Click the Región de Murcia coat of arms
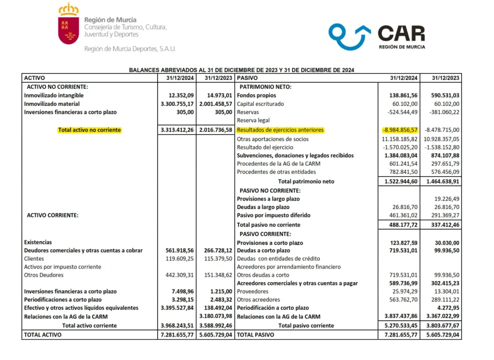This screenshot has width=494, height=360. click(68, 25)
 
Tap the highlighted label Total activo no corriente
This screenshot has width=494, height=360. click(89, 130)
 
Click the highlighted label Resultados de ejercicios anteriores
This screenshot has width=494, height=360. click(280, 130)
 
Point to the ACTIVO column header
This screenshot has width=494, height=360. click(35, 78)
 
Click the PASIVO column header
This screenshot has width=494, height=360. click(248, 78)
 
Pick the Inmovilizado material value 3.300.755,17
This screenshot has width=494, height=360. click(177, 103)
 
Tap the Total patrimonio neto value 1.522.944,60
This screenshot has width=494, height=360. click(399, 181)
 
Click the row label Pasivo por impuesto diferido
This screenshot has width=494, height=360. click(273, 215)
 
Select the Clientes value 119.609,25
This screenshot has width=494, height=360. click(178, 258)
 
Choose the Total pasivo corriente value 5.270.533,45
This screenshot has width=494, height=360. click(399, 325)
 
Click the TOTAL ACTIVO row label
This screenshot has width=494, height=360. click(43, 334)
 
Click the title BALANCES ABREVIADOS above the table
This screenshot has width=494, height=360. click(242, 70)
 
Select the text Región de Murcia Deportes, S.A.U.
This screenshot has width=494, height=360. click(130, 49)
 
